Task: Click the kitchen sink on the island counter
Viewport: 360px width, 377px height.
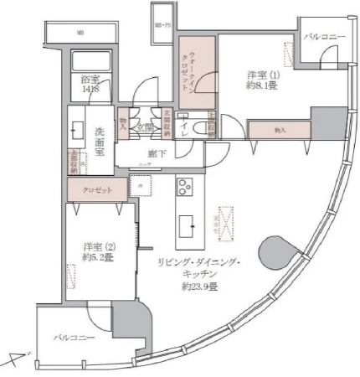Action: (186, 224)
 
